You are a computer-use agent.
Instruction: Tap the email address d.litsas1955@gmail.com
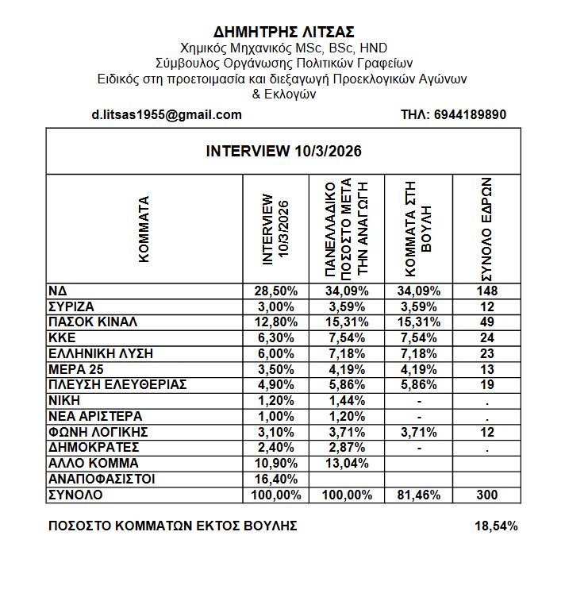pos(167,114)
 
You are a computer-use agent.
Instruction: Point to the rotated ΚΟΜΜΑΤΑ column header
pos(144,229)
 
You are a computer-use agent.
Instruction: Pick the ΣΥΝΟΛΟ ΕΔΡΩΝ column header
pos(486,229)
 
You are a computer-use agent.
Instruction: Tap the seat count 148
pos(486,291)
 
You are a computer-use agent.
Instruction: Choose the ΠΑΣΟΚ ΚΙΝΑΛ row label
pos(93,322)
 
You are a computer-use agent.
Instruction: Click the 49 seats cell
pos(486,322)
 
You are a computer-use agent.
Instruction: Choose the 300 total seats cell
pos(486,495)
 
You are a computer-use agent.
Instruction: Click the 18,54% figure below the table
pos(496,526)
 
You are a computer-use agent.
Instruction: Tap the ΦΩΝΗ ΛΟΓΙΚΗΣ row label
pos(87,432)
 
